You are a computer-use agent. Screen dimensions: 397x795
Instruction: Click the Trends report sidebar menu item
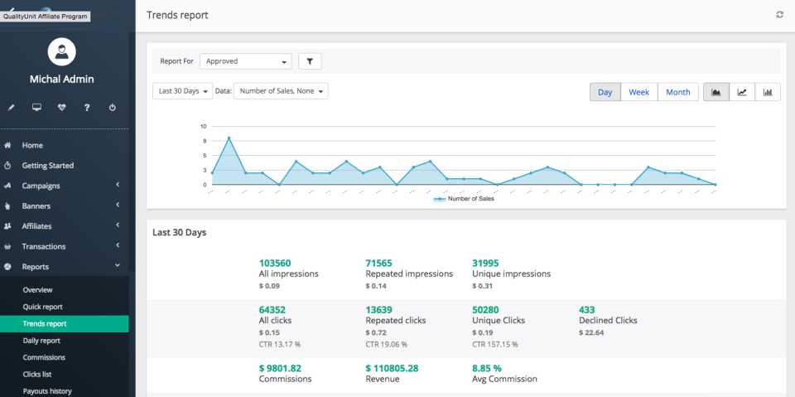[45, 323]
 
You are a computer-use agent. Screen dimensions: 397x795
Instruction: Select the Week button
[638, 92]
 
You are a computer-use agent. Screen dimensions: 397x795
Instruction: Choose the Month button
[677, 92]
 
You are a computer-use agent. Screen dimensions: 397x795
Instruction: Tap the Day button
[605, 92]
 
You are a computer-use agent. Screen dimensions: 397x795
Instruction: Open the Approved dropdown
[245, 61]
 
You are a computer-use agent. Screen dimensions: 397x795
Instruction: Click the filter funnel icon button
[310, 61]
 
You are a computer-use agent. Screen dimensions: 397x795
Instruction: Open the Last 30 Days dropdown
[182, 91]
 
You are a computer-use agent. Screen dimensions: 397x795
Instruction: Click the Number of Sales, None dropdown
[281, 91]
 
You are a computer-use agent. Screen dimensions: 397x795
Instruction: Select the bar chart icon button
[768, 92]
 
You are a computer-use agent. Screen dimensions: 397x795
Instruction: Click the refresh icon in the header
[779, 15]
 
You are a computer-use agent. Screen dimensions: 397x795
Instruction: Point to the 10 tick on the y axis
[203, 127]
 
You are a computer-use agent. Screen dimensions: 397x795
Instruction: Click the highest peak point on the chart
[229, 138]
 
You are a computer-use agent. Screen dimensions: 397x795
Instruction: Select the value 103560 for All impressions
[275, 263]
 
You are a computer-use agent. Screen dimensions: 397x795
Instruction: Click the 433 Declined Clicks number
[586, 310]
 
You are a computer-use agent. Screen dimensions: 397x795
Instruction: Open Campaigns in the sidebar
[41, 186]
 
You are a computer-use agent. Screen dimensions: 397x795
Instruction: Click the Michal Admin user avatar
[62, 52]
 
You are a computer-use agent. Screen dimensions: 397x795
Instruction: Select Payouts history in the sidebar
[47, 391]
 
